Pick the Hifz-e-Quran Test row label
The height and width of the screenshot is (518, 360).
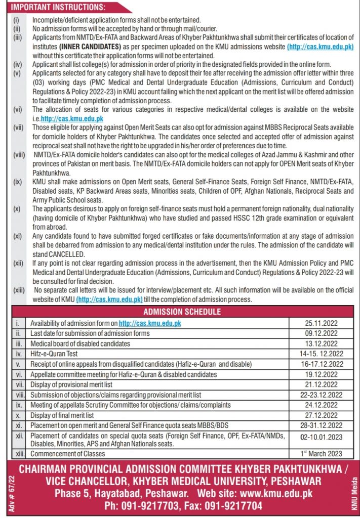tap(54, 354)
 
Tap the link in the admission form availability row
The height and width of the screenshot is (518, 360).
tap(150, 323)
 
